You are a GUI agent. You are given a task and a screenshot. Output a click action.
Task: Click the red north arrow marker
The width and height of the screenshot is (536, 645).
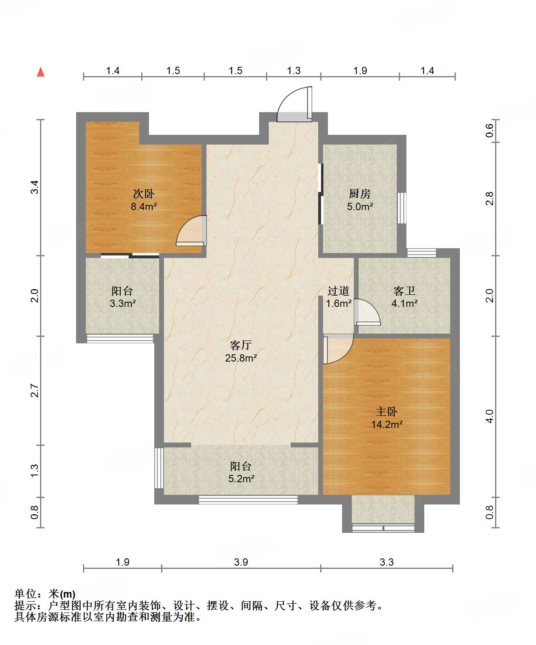click(x=41, y=72)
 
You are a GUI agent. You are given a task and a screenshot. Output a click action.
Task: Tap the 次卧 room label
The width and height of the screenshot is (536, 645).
click(x=144, y=194)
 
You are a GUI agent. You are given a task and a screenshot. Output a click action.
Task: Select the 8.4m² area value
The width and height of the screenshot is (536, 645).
click(x=144, y=206)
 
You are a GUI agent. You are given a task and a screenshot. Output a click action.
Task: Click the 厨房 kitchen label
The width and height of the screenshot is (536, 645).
click(x=359, y=194)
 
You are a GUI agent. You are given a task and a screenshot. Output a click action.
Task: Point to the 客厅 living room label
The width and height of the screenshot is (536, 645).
click(x=241, y=345)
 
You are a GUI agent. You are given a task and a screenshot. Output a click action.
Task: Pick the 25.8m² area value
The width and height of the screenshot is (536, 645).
click(x=241, y=358)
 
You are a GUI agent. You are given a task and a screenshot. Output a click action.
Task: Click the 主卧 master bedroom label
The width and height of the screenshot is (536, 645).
click(x=387, y=411)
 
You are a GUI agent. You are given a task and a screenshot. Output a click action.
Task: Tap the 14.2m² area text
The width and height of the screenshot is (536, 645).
click(x=387, y=424)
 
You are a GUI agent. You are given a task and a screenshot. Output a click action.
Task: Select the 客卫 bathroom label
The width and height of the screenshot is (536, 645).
click(x=404, y=291)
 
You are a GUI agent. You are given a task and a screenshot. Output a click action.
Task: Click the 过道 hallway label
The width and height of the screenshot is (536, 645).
click(x=338, y=291)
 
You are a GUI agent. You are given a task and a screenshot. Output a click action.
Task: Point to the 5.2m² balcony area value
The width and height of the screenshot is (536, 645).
click(x=241, y=479)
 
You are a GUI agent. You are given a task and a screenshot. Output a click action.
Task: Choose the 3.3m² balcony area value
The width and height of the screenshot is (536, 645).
click(x=123, y=303)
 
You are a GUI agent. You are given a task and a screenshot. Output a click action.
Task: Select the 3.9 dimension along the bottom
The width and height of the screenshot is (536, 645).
click(x=241, y=562)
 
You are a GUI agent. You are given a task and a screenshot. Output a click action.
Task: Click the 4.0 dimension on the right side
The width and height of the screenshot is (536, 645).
click(x=490, y=416)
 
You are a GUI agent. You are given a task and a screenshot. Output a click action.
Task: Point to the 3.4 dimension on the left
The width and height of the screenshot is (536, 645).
click(x=34, y=187)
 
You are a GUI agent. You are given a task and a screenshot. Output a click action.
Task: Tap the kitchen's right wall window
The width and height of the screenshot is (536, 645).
click(x=402, y=208)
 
